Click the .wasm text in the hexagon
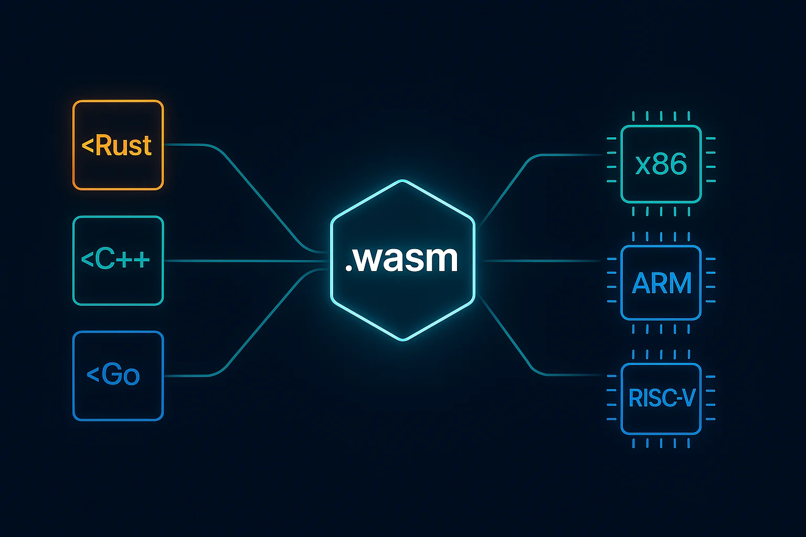coord(402,259)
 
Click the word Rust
coord(124,146)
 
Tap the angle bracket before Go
coord(92,374)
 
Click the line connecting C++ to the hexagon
coord(247,261)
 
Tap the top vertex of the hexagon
coord(403,181)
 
